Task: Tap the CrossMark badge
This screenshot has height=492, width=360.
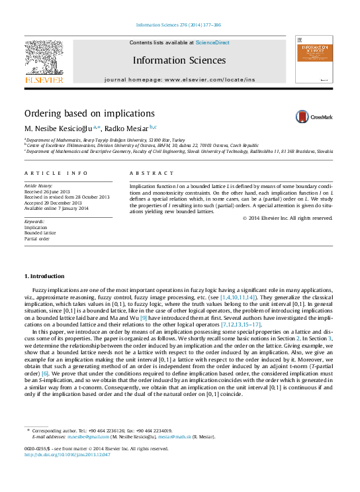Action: tap(314, 117)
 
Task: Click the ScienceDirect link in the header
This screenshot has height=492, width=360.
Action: tap(212, 42)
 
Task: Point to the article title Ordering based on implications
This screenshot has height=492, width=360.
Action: tap(89, 113)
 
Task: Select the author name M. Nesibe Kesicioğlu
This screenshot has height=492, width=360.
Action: tap(58, 128)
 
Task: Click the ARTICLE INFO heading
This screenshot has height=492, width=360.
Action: tap(56, 173)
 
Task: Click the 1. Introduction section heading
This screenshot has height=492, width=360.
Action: tap(44, 275)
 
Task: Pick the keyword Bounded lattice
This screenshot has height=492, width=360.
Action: tap(40, 232)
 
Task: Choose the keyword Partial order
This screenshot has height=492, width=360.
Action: tap(37, 238)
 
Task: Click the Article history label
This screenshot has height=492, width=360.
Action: tap(39, 187)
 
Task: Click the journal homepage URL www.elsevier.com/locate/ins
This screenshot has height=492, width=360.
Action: tap(210, 79)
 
